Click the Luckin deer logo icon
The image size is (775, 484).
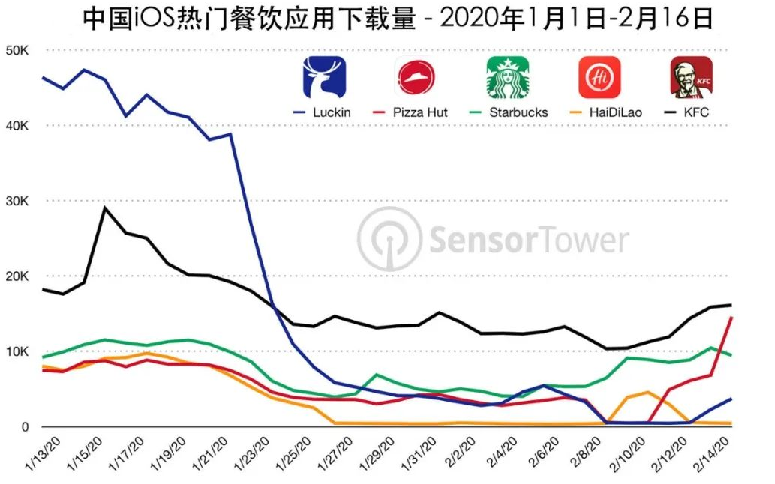(x=325, y=77)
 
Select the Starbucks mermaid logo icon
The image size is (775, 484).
(x=508, y=77)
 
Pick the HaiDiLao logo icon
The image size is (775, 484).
(x=599, y=77)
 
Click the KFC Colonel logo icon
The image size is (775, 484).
(x=691, y=77)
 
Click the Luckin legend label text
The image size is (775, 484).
(x=333, y=112)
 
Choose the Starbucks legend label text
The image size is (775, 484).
(x=518, y=112)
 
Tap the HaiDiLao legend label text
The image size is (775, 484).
(x=611, y=112)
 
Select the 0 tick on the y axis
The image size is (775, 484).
(x=24, y=427)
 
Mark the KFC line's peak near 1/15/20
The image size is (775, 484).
(x=105, y=207)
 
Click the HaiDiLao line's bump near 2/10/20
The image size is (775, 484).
(x=647, y=392)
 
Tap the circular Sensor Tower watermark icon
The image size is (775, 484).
(x=389, y=240)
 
